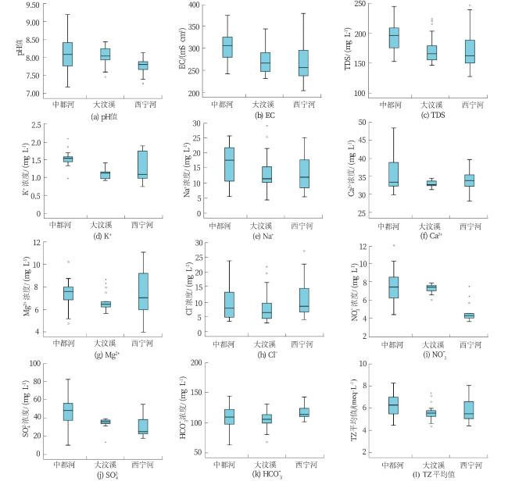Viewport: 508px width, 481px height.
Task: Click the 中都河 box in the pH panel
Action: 67,54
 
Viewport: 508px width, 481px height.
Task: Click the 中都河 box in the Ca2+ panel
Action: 394,173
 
